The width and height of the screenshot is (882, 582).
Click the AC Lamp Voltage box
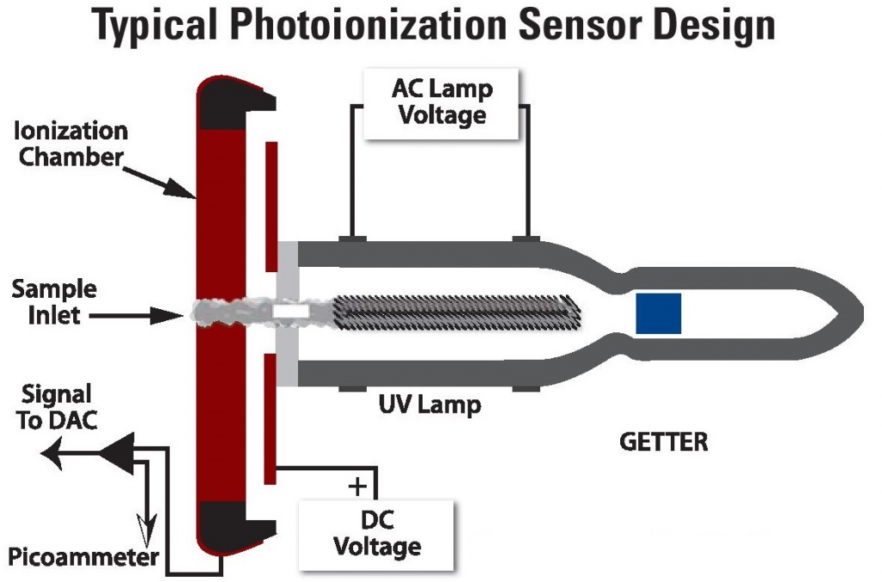coord(441,102)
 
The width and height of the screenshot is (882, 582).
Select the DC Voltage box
coord(376,533)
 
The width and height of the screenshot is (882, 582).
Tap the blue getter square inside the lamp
coord(658,313)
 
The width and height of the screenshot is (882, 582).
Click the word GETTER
coord(663,443)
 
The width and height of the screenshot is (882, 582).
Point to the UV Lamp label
coord(430,403)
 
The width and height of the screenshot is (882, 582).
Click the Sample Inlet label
coord(53,301)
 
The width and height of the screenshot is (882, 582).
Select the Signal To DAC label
coord(55,406)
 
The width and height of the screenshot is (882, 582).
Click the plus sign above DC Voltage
coord(356,486)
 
